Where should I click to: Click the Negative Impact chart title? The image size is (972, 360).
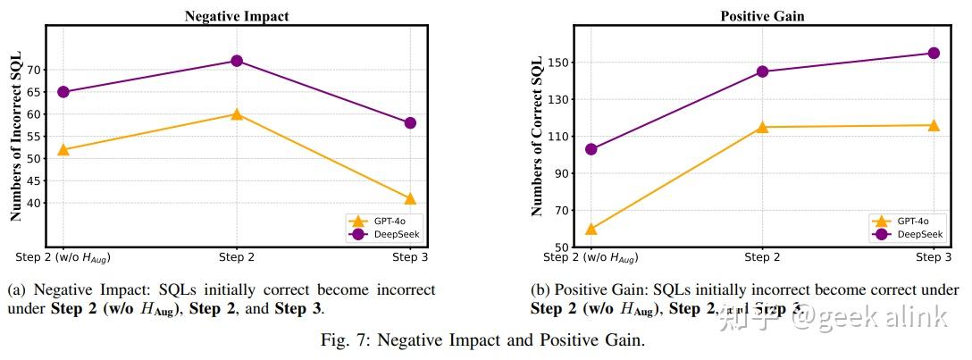point(237,16)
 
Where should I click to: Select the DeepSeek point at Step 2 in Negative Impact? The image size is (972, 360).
point(237,61)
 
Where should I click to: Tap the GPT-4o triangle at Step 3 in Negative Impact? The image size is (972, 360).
point(410,198)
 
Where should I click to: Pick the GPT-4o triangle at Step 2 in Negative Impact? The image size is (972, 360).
point(237,114)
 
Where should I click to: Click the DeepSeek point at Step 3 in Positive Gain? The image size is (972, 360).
point(934,53)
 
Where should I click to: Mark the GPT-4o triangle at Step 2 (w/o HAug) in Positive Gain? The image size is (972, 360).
point(591,229)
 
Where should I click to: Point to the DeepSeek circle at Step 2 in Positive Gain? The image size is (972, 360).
point(762,71)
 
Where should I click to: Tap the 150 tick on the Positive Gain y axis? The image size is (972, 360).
point(559,63)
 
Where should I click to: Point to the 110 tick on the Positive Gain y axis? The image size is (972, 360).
point(559,137)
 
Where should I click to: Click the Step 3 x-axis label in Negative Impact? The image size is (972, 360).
point(410,257)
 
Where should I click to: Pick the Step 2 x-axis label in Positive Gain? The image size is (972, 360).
point(762,257)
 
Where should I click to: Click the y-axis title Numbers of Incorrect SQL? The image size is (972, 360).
point(16,136)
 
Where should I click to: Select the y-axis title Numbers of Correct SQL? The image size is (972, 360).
point(536,136)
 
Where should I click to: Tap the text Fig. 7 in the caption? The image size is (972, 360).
point(342,340)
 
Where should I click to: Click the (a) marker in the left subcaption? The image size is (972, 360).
point(15,290)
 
